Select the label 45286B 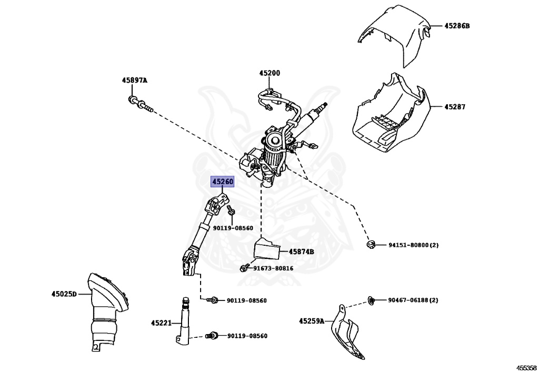click(x=456, y=25)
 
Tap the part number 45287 click(x=455, y=106)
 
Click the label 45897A click(x=135, y=81)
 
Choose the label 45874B click(x=301, y=252)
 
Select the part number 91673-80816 click(x=273, y=268)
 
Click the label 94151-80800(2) click(x=413, y=245)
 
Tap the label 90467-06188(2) click(x=413, y=300)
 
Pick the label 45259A click(x=312, y=320)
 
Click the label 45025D click(x=64, y=294)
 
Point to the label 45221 click(x=161, y=323)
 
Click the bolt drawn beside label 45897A click(x=139, y=104)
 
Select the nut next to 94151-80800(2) click(x=371, y=244)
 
